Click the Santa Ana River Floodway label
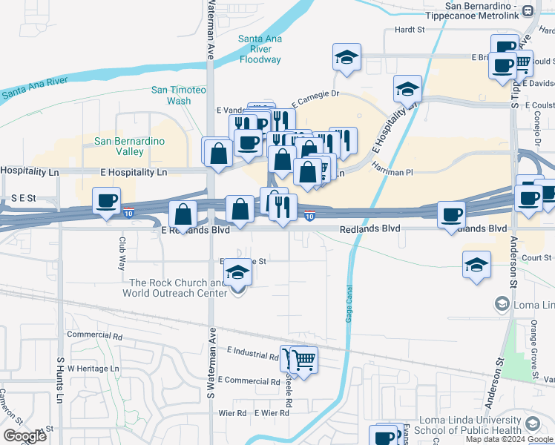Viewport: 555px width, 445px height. click(x=260, y=49)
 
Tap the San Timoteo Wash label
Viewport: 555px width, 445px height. click(x=178, y=95)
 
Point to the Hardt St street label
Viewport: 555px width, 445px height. click(x=409, y=30)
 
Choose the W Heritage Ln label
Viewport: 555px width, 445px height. click(x=93, y=368)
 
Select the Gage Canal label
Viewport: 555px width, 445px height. click(x=348, y=304)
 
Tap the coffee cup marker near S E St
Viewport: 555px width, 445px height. click(x=107, y=200)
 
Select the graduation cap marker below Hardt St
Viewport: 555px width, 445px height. click(x=347, y=58)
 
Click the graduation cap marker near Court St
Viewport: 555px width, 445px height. click(x=476, y=265)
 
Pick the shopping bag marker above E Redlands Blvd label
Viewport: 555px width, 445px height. click(x=183, y=214)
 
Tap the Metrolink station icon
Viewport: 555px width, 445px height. click(x=528, y=11)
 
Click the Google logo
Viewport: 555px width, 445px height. click(x=24, y=436)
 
